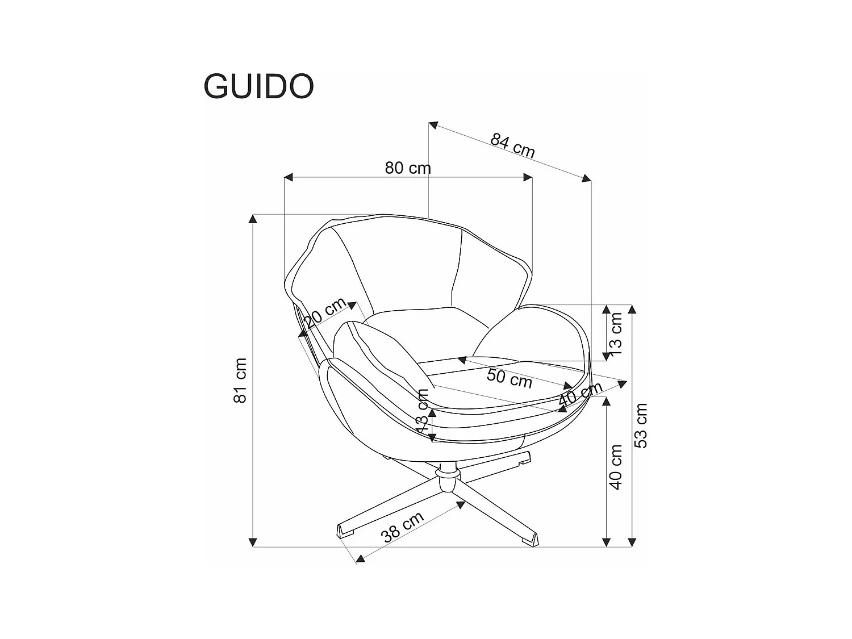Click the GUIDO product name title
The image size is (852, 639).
(258, 86)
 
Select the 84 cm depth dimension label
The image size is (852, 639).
(513, 146)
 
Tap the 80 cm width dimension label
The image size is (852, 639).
(408, 168)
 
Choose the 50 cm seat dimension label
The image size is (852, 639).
(509, 378)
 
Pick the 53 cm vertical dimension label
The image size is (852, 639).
(641, 425)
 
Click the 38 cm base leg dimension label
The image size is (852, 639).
(403, 527)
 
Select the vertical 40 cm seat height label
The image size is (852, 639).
(616, 467)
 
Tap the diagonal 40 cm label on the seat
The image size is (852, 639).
(579, 394)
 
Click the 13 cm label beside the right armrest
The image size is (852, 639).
(617, 331)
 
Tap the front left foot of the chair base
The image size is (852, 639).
(345, 531)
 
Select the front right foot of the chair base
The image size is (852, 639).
(529, 539)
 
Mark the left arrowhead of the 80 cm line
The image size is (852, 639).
(287, 178)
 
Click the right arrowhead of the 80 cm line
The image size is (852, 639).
(528, 178)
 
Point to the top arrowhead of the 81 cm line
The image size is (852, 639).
(253, 219)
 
